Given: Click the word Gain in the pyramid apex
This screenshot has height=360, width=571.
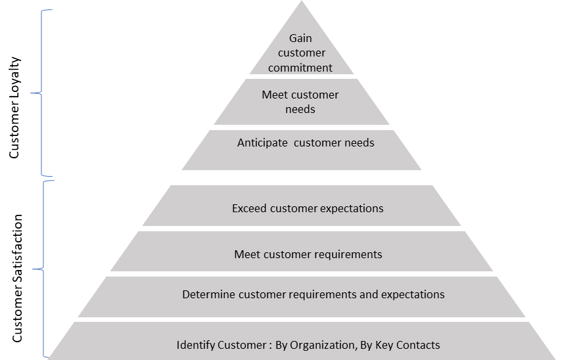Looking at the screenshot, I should (x=301, y=38).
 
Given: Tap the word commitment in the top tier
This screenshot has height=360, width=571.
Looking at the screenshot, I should (x=301, y=67).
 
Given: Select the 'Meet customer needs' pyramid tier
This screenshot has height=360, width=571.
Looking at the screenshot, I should (x=301, y=102).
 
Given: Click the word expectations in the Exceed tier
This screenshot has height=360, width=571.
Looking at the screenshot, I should (x=352, y=209).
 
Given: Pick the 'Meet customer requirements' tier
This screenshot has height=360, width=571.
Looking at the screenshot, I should (x=308, y=254).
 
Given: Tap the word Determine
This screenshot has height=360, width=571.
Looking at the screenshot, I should (x=208, y=294).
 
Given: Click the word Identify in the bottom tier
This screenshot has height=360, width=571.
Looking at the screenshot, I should (x=195, y=345).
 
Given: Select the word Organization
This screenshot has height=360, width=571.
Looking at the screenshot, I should (x=320, y=345).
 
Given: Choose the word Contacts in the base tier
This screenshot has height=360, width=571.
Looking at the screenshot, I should (x=418, y=345).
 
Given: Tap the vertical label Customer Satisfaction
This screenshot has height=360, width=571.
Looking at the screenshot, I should (x=18, y=278).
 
